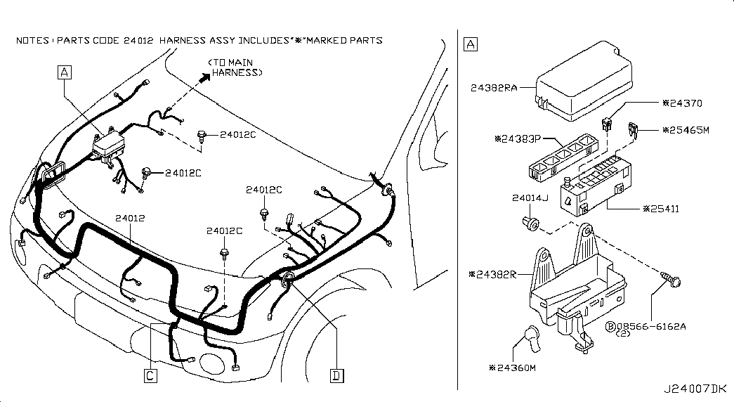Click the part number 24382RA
coord(494,88)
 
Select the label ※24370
coord(683,103)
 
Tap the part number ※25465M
coord(686,130)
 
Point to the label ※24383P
coord(518,138)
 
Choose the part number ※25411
coord(661,209)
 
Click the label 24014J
coord(530,197)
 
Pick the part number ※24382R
coord(492,274)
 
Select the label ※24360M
coord(512,368)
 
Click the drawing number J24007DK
coord(695,389)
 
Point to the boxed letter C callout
coord(150,375)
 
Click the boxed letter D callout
coord(337,375)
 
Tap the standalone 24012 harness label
coord(130,218)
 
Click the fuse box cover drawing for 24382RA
coord(583,81)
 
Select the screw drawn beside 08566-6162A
coord(671,279)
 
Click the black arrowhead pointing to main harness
coord(205,78)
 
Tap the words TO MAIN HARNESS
coord(235,67)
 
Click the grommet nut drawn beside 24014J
coord(531,223)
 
